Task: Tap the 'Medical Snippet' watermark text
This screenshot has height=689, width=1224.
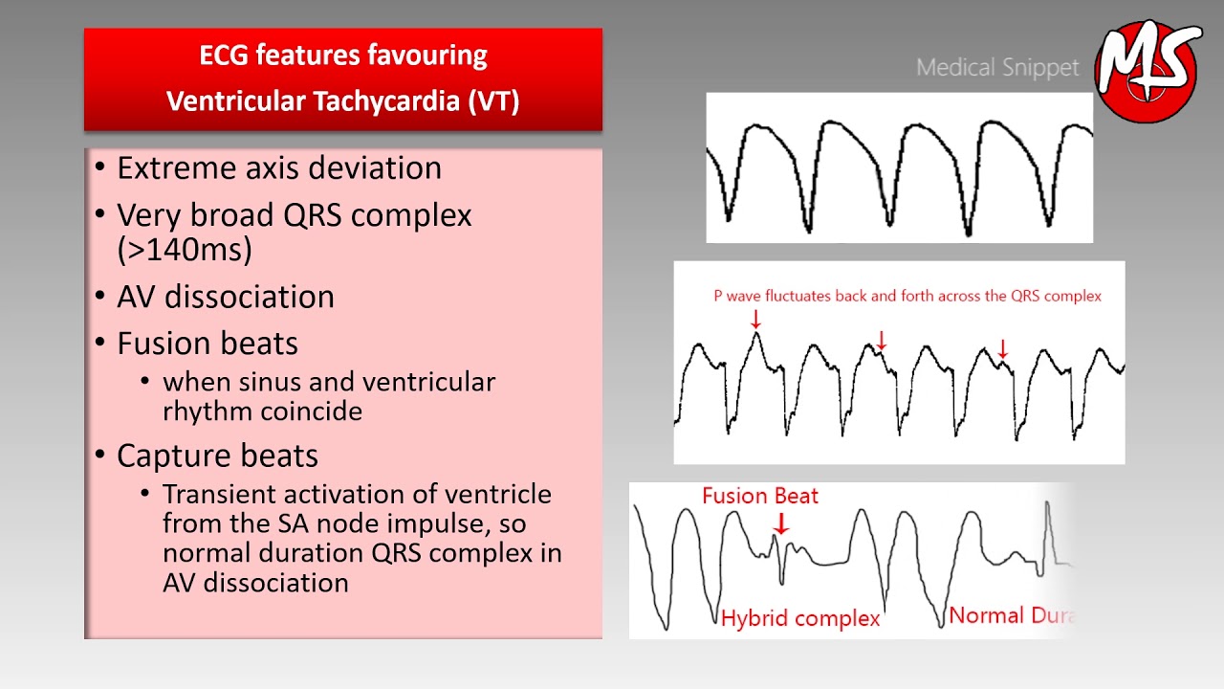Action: [x=996, y=68]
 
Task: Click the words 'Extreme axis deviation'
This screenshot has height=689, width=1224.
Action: [x=278, y=168]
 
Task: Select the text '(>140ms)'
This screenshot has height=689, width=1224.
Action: [x=185, y=249]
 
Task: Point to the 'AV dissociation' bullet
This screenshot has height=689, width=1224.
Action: [x=225, y=297]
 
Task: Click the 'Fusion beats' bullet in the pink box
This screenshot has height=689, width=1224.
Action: [x=207, y=344]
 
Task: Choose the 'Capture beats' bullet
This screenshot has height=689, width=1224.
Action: [x=217, y=456]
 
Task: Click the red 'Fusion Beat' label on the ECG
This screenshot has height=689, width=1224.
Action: [x=760, y=496]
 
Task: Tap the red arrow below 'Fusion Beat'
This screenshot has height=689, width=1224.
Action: [x=781, y=522]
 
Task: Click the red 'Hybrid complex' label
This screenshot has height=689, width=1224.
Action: [x=800, y=618]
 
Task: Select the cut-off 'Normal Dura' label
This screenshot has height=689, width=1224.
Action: [x=1012, y=615]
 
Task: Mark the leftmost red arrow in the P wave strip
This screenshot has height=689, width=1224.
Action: [x=755, y=319]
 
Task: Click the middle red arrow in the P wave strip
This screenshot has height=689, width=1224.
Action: [x=882, y=340]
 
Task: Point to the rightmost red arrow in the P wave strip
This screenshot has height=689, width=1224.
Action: [x=1002, y=349]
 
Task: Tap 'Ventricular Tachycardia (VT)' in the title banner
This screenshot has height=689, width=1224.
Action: [x=342, y=101]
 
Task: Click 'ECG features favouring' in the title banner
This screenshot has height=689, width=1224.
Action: [x=342, y=56]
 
